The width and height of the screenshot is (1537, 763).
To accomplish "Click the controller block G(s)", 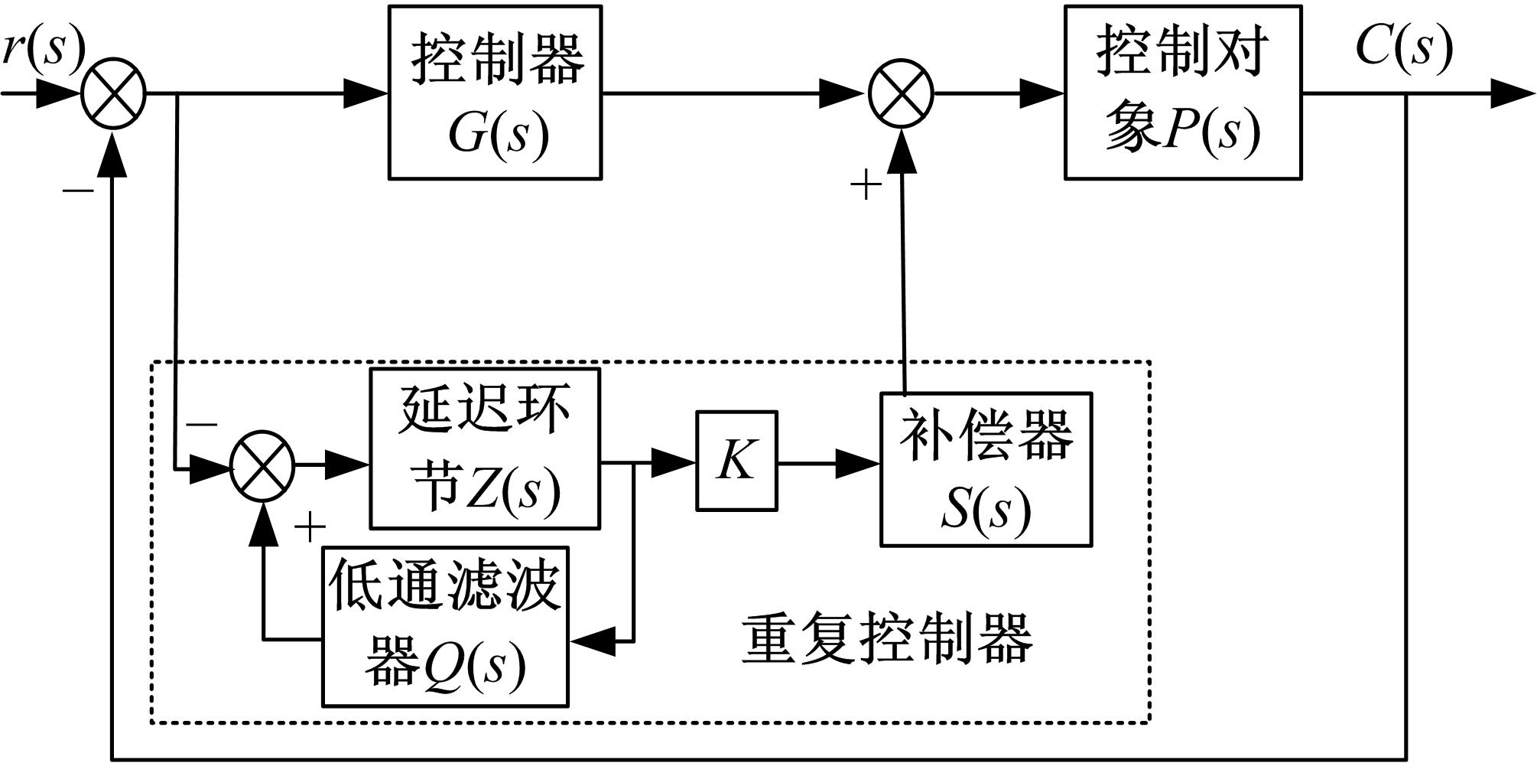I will click(x=495, y=93).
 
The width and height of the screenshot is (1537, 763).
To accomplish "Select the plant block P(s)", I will click(x=1182, y=93).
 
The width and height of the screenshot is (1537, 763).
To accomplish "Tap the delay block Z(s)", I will click(x=485, y=448).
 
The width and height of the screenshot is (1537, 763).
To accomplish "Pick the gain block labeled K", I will click(x=736, y=461).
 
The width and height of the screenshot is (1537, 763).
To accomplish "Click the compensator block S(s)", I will click(x=986, y=469).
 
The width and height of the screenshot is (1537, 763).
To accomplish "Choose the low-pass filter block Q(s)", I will click(x=445, y=626).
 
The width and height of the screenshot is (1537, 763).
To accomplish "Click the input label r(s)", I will click(x=43, y=47).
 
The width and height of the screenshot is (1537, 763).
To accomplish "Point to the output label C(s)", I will click(x=1404, y=47).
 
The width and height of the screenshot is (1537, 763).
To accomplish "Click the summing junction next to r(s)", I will click(x=114, y=94).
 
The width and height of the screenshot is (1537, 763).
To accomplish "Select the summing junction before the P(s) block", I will click(x=902, y=94).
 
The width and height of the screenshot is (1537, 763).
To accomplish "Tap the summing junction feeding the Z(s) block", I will click(x=262, y=465).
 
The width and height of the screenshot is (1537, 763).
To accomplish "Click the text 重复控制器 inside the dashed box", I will click(x=887, y=639).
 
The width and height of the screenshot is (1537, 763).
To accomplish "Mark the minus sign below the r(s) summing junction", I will click(x=78, y=189).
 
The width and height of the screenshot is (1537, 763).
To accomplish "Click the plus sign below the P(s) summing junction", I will click(x=866, y=185).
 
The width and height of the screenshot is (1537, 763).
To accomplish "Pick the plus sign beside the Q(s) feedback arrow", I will click(x=310, y=527).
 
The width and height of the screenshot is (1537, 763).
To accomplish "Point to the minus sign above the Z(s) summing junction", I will click(x=202, y=423).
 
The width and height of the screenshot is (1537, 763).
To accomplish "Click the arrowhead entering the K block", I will click(x=673, y=463).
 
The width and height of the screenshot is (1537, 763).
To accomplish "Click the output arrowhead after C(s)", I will click(x=1513, y=94).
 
